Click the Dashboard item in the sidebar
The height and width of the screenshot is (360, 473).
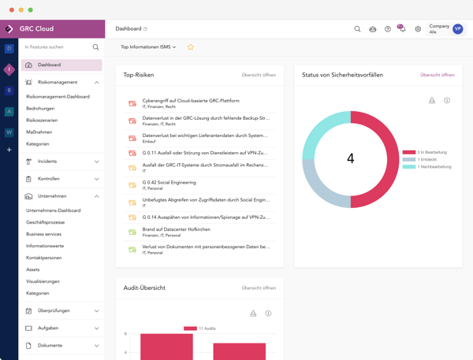click(49, 65)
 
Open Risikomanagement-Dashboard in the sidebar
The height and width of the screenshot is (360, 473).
click(58, 97)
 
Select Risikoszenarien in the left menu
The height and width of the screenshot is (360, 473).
click(42, 121)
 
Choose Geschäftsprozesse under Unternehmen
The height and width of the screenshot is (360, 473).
click(46, 222)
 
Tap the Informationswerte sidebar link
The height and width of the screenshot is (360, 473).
click(45, 246)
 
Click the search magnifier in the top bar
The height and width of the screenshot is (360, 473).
click(357, 29)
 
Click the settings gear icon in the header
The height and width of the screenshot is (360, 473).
click(418, 29)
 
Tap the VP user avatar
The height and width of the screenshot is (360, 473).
click(458, 29)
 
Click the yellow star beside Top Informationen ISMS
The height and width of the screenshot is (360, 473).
click(190, 47)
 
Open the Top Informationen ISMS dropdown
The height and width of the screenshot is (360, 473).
click(148, 47)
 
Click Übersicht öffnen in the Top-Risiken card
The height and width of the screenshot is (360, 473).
click(259, 75)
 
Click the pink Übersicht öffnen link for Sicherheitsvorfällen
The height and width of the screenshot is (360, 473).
click(437, 75)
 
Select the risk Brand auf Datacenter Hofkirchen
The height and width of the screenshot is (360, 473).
click(177, 229)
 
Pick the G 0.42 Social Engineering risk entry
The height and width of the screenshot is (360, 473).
click(169, 182)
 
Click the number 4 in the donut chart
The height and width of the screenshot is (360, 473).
click(350, 158)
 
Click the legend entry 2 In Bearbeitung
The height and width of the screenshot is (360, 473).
click(431, 152)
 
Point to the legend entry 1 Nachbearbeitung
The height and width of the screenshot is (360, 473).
click(434, 167)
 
